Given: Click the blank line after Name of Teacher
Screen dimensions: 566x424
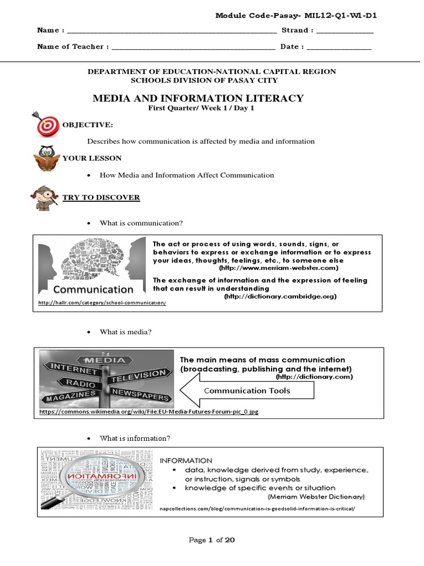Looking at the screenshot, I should point(193,48).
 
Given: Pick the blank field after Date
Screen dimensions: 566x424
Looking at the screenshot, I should point(339,48).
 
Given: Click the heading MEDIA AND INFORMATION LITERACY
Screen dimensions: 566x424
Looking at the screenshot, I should point(198,98).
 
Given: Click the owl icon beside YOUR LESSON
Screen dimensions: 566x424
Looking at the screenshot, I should point(46,158).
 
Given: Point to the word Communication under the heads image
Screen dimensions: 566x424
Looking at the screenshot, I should point(93,290).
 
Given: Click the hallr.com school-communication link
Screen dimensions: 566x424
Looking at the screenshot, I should point(102,303).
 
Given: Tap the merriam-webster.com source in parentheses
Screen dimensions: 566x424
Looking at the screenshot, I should point(278,268).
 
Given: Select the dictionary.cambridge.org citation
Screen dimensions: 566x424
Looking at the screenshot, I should point(280,297).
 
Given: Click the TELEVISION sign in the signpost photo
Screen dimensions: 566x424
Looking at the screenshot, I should point(137,376).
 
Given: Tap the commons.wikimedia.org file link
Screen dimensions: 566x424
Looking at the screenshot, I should point(149,412).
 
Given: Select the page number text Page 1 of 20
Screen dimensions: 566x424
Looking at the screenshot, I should point(212,541).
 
